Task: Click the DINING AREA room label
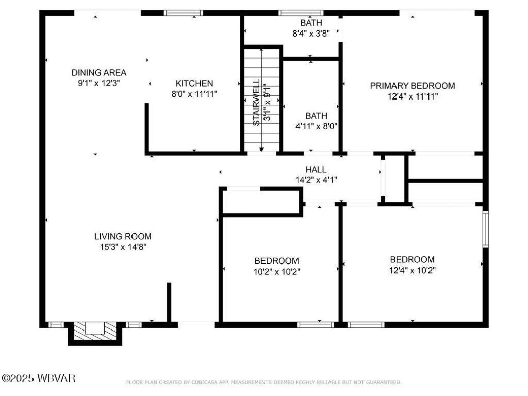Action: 98,73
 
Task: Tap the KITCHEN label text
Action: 194,83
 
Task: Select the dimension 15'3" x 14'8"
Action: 122,247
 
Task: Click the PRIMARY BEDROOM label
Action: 412,86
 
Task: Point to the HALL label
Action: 315,170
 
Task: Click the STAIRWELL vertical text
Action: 257,102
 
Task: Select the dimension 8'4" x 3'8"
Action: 311,33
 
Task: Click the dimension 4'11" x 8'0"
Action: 316,126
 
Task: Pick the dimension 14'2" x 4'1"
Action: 315,179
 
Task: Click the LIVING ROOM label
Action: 122,236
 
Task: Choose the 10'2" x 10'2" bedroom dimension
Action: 277,271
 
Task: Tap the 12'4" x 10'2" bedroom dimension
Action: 412,270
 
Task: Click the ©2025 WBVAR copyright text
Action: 38,378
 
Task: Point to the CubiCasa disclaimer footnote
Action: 263,382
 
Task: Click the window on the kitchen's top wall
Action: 183,13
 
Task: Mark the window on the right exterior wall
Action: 485,229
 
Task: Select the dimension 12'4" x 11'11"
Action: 412,96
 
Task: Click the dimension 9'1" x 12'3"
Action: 98,82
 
